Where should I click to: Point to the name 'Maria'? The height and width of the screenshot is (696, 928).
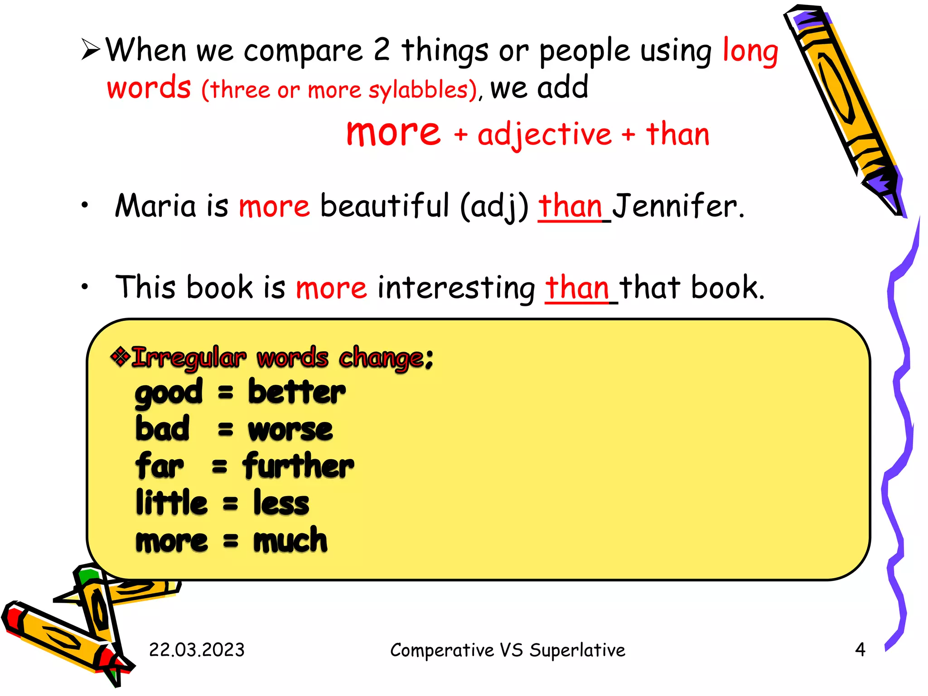click(155, 206)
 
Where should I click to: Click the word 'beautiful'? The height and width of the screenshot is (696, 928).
click(384, 206)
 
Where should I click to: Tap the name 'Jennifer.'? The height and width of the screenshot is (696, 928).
click(678, 206)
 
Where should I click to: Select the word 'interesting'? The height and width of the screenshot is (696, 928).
click(456, 288)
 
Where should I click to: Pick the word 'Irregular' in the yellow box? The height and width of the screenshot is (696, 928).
click(189, 358)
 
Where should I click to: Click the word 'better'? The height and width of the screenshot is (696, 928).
click(297, 392)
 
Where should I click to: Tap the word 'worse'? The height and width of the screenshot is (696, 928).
click(290, 430)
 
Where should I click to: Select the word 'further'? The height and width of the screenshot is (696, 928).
click(298, 466)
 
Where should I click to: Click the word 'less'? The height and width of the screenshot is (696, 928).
click(281, 503)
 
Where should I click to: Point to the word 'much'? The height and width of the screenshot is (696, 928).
click(290, 540)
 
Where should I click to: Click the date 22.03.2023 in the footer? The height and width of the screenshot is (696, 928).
click(197, 650)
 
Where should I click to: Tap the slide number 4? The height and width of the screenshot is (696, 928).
click(860, 649)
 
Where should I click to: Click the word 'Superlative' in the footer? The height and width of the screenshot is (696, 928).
click(577, 650)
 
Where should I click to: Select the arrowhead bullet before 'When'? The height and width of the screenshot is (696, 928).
click(91, 49)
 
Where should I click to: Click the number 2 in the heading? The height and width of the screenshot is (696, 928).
click(382, 50)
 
